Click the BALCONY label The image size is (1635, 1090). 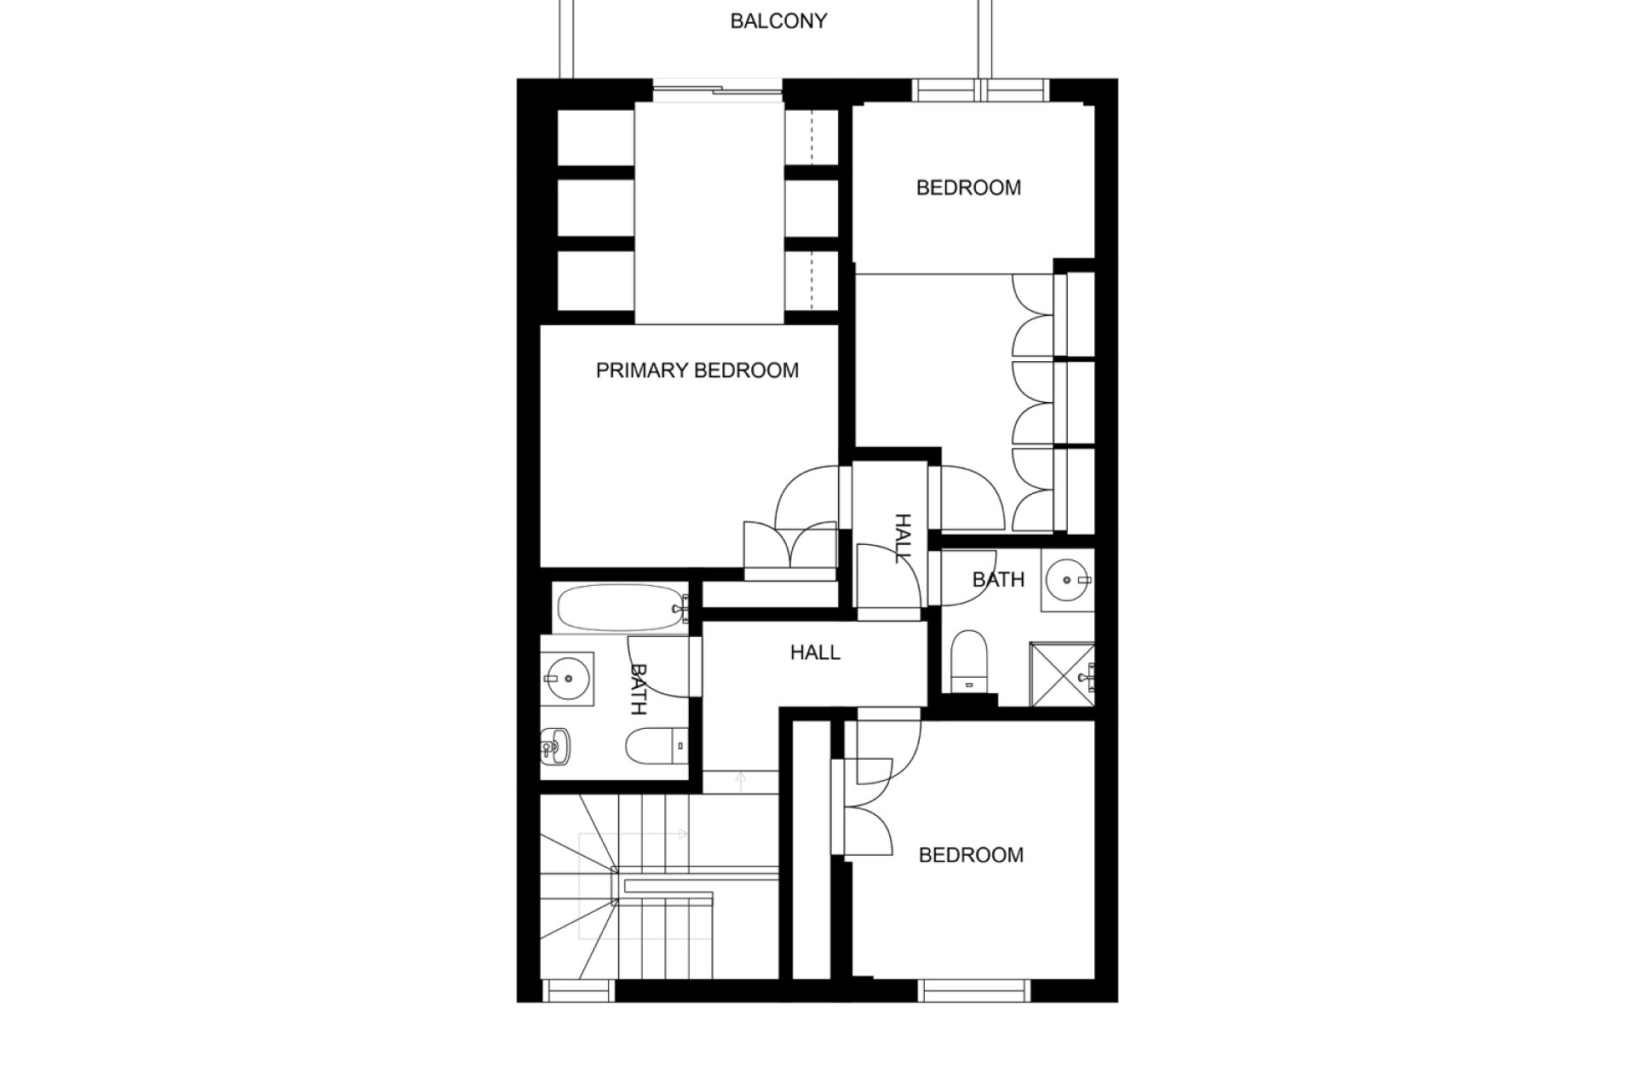[x=778, y=21]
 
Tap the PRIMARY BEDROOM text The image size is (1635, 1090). [x=697, y=370]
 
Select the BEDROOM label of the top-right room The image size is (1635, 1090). [x=968, y=187]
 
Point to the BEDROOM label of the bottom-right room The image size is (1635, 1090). [x=971, y=855]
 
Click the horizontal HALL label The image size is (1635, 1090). [x=815, y=652]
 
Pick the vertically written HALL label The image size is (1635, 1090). [x=902, y=538]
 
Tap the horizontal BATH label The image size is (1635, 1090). [x=998, y=580]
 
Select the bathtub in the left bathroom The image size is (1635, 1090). [x=621, y=608]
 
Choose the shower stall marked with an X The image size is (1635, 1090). [x=1062, y=674]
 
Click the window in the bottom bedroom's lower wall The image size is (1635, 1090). [x=974, y=991]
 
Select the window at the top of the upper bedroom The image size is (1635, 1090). [x=980, y=90]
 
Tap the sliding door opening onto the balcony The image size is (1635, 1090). [x=717, y=89]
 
